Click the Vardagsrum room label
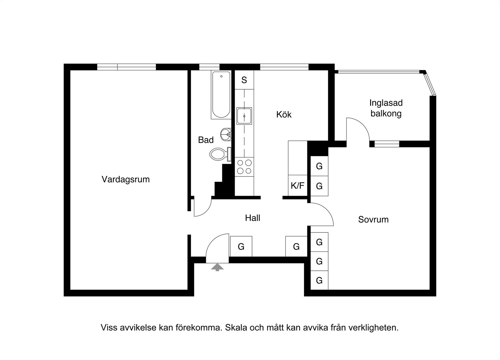coord(126,180)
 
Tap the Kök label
coord(284,115)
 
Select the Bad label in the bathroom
coord(206,140)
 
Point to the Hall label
coord(253,218)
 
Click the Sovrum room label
coord(373,219)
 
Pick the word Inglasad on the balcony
coord(386,103)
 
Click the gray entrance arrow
coord(217,267)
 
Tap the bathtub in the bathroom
coord(221,95)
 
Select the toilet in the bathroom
coord(220,154)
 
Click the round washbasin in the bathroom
coord(226,135)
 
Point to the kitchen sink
coord(244,116)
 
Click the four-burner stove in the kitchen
coord(244,167)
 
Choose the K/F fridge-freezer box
coord(298,185)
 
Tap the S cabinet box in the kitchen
coord(244,80)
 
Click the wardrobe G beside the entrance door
coord(241,246)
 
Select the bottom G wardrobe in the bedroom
coord(319,280)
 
